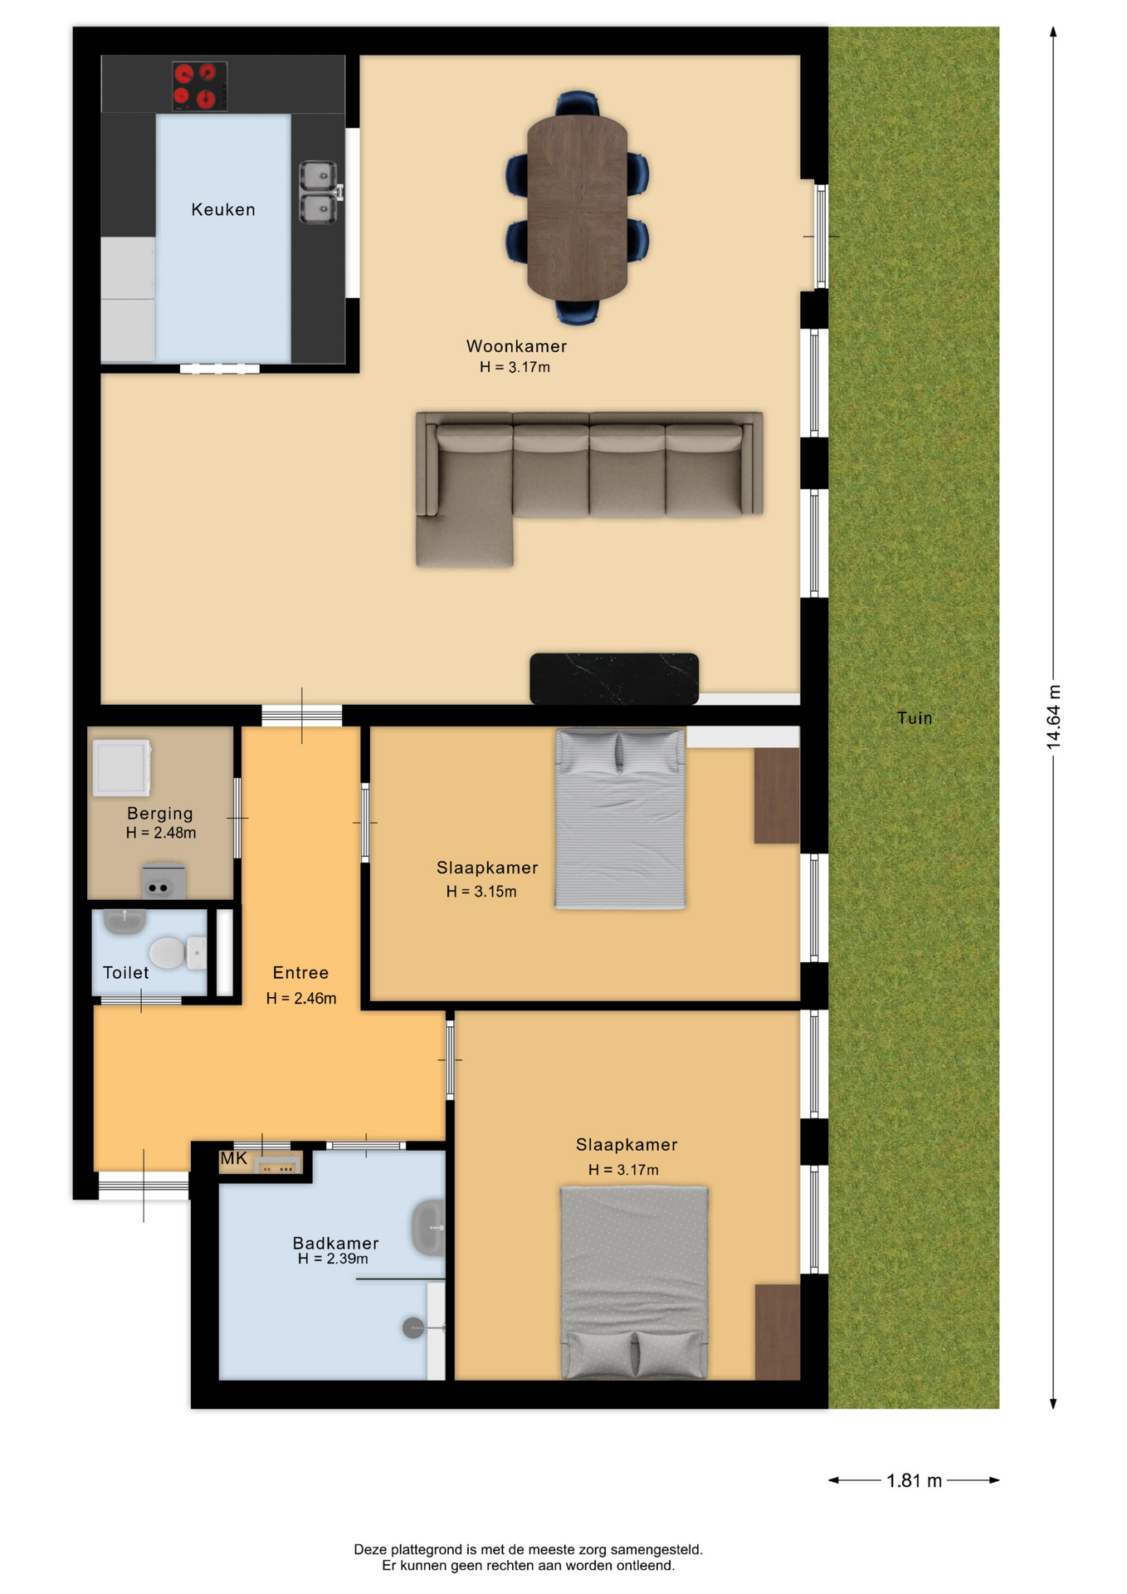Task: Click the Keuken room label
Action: [223, 210]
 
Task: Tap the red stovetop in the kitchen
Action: [199, 86]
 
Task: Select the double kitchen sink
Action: [318, 192]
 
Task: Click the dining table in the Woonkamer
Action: [577, 208]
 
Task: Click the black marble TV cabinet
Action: [614, 678]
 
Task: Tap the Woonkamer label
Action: [516, 346]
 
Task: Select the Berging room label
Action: [160, 814]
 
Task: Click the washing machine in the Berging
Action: [121, 768]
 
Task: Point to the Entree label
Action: [300, 973]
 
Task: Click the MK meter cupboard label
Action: [233, 1159]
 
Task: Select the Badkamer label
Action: [335, 1243]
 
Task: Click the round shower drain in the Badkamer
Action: [413, 1328]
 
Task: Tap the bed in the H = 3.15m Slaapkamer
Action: [620, 819]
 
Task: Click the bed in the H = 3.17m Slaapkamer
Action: [635, 1283]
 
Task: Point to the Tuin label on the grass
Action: [915, 718]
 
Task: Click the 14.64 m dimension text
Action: [1053, 717]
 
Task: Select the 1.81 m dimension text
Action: [914, 1480]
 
